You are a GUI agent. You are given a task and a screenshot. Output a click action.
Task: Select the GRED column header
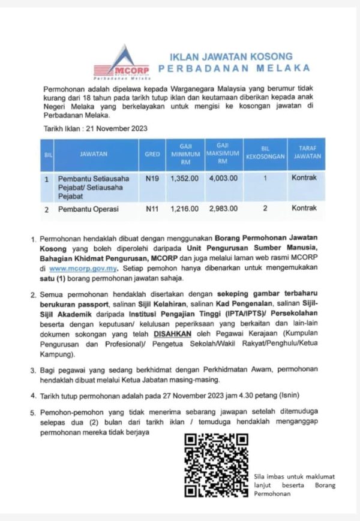152,154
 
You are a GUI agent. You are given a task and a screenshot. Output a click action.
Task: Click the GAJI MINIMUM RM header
185,154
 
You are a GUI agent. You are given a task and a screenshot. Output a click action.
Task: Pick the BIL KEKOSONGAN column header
265,154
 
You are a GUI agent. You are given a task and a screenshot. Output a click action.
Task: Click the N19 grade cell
152,178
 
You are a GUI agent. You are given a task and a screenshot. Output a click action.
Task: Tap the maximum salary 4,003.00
223,178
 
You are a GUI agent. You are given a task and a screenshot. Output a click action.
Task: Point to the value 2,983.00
223,209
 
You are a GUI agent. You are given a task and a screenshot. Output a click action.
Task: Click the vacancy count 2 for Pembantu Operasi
265,209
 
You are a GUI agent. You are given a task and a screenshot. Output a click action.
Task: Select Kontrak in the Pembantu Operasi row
304,209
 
